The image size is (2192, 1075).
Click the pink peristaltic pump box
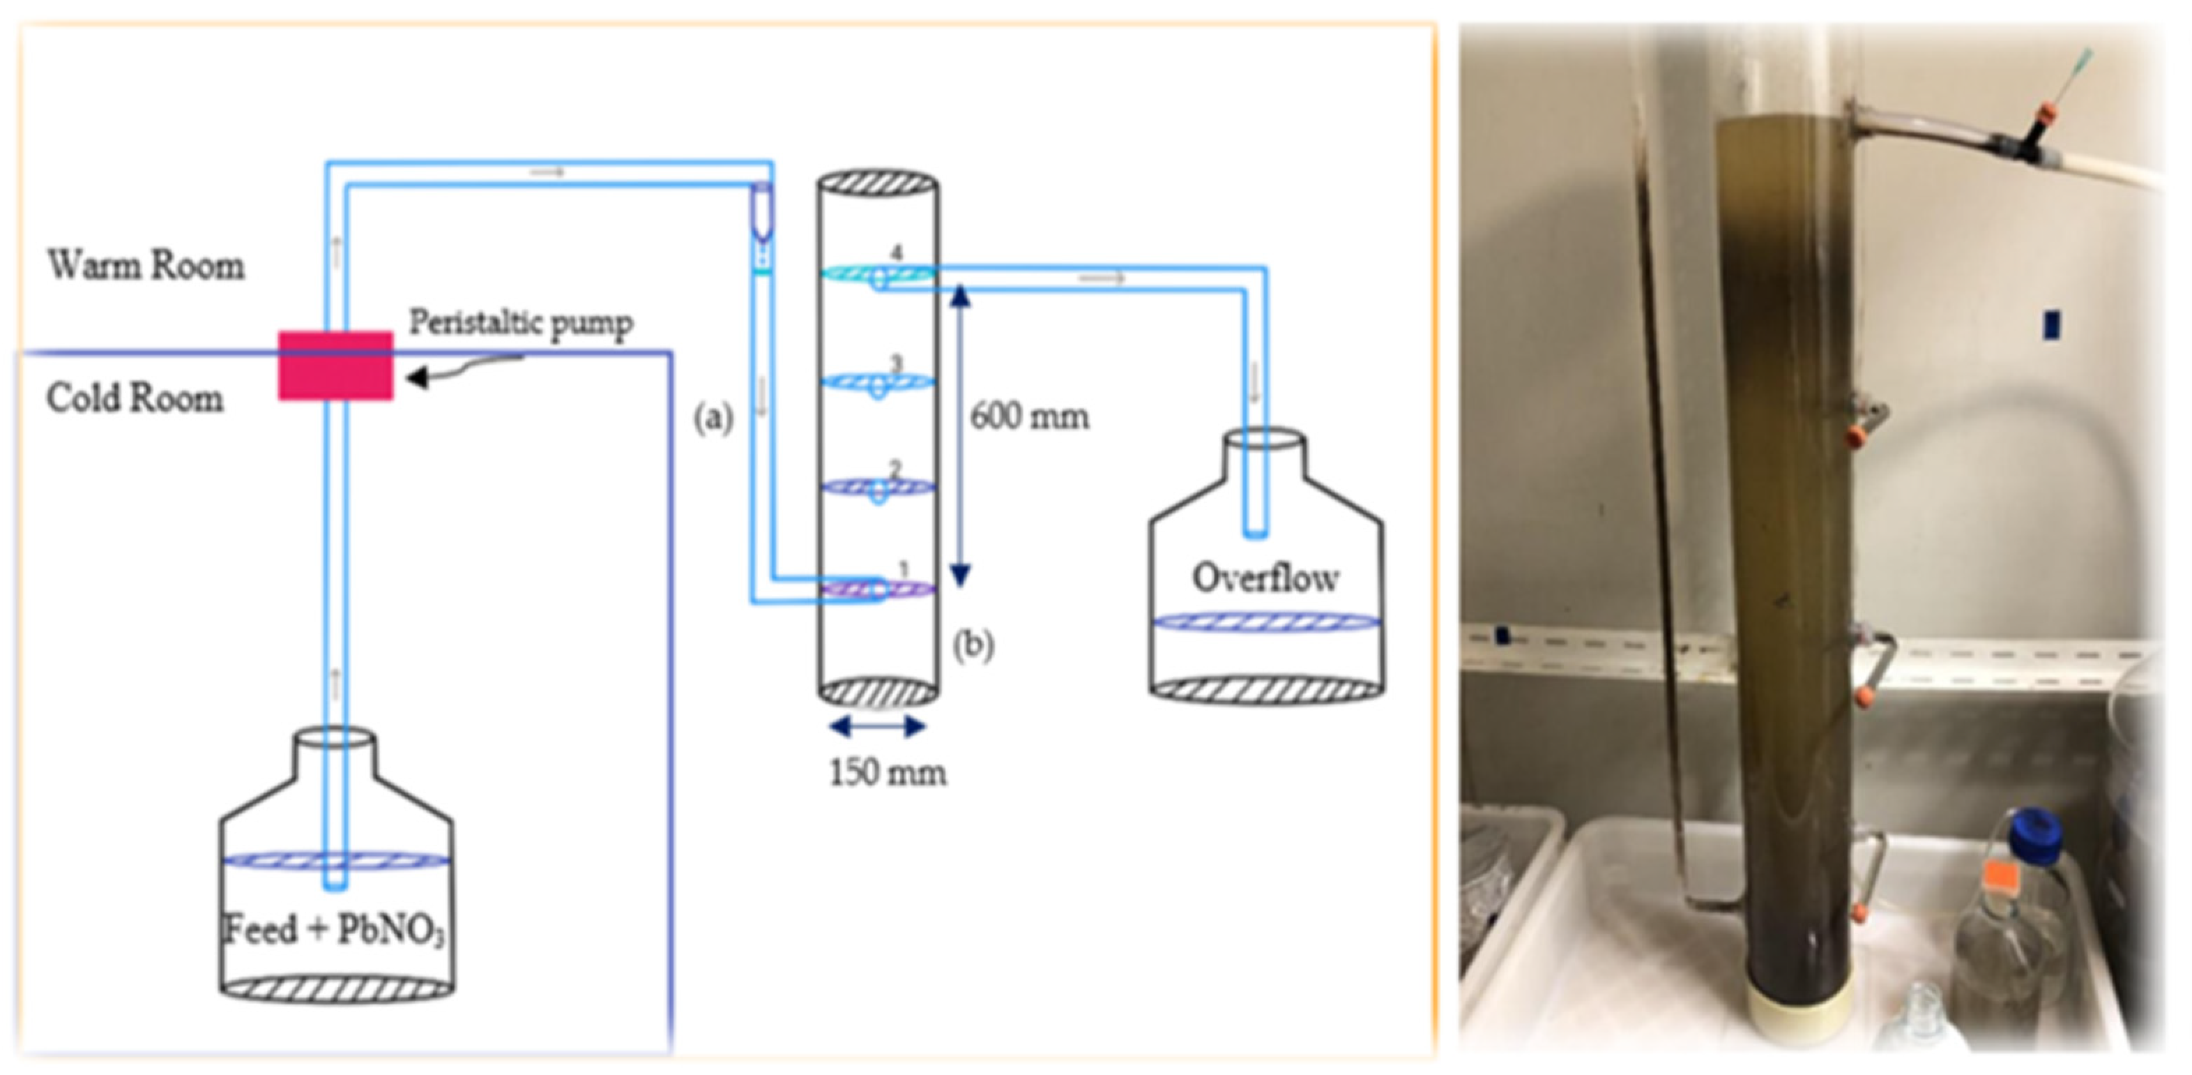click(336, 365)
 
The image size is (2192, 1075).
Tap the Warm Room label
click(146, 266)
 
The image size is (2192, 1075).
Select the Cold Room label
click(135, 398)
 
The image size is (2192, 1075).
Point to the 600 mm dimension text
click(1030, 417)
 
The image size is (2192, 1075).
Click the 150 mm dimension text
click(888, 773)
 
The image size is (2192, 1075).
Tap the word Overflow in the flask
click(1265, 579)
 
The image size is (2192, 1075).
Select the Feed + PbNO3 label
click(335, 929)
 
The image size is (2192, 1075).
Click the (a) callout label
click(713, 419)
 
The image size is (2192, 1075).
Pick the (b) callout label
click(973, 645)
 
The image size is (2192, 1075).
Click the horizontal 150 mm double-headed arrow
click(877, 727)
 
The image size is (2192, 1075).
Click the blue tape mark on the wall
click(2052, 324)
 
